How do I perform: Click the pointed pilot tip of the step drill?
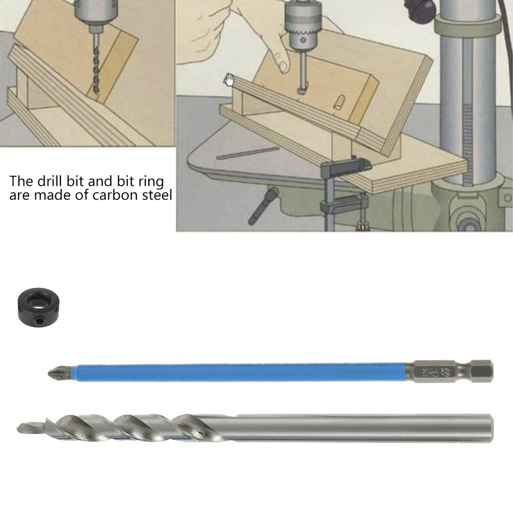(21, 426)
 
